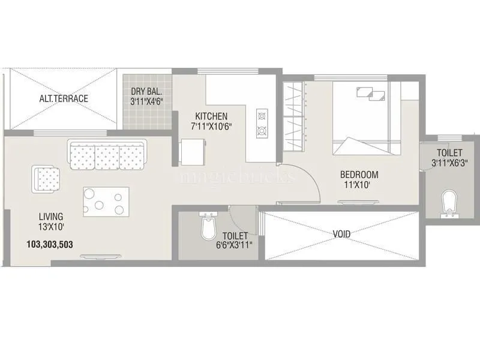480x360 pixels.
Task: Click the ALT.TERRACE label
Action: pyautogui.click(x=64, y=98)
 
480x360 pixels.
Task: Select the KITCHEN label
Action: pyautogui.click(x=210, y=116)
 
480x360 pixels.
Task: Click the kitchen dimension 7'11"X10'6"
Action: pyautogui.click(x=210, y=126)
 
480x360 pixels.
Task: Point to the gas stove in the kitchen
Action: pyautogui.click(x=262, y=122)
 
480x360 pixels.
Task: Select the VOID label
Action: pyautogui.click(x=341, y=233)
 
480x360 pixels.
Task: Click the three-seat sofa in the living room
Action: pyautogui.click(x=107, y=155)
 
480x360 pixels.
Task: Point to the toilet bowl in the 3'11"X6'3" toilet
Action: pyautogui.click(x=448, y=203)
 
